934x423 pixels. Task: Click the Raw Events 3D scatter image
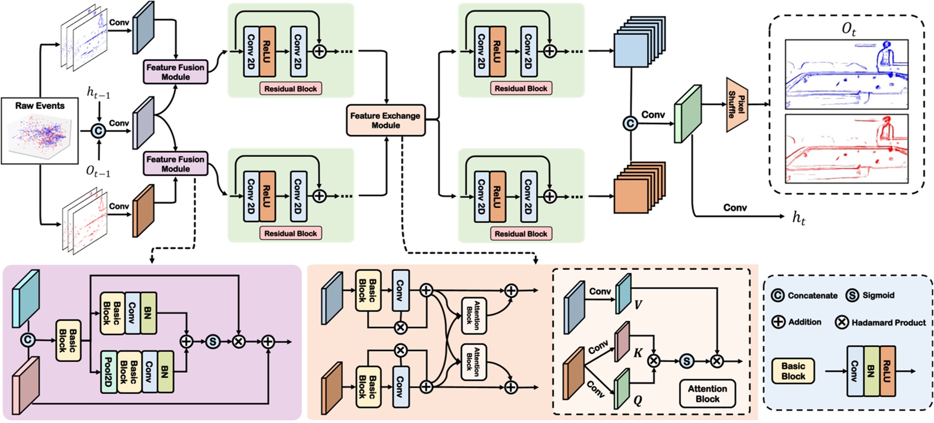tap(40, 136)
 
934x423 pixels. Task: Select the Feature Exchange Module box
tap(385, 120)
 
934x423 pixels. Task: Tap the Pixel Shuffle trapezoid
tap(737, 104)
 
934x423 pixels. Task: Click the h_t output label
tap(798, 217)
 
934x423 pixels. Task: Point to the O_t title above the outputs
tap(849, 29)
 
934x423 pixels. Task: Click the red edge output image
tap(847, 148)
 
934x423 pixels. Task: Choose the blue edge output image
tap(847, 74)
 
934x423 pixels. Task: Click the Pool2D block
tap(108, 372)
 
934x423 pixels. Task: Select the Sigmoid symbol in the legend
tap(852, 295)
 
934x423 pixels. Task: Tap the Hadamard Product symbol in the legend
tap(842, 322)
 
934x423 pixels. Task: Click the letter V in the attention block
tap(638, 305)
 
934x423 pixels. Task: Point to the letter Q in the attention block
tap(638, 400)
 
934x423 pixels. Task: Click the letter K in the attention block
tap(638, 353)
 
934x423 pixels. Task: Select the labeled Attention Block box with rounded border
tap(707, 394)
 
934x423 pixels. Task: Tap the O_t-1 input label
tap(98, 171)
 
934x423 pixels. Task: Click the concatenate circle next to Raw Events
tap(98, 131)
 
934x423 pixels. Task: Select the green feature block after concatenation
tap(687, 114)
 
